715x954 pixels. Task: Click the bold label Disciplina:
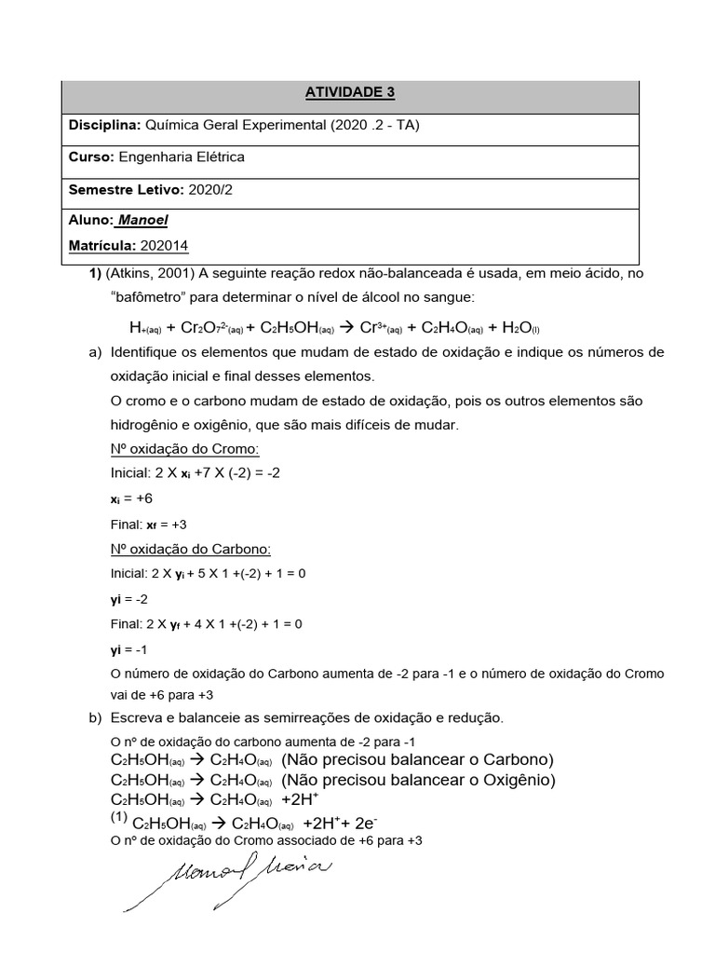click(103, 125)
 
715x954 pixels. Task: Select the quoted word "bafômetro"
click(145, 296)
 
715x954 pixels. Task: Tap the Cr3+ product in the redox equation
click(383, 328)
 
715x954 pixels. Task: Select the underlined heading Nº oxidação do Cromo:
click(183, 450)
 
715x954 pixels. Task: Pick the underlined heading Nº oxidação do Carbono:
click(190, 549)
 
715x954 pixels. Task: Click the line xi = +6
click(130, 498)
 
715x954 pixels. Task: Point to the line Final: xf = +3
click(148, 524)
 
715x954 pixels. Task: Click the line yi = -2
click(129, 597)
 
